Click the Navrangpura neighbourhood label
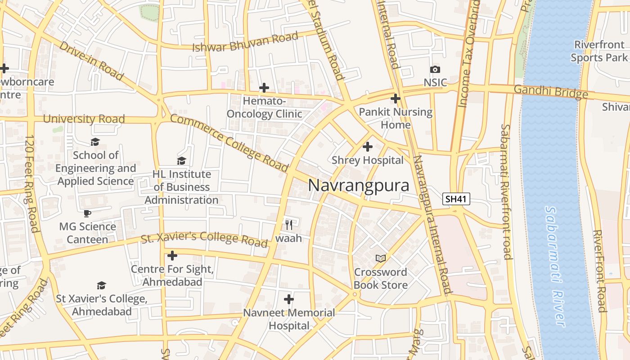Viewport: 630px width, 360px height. (x=359, y=185)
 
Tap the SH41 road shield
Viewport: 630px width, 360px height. (x=456, y=199)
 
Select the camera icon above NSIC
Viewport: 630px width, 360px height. (x=435, y=69)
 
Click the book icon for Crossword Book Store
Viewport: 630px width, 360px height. (x=381, y=258)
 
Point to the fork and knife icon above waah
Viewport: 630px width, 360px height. (x=289, y=224)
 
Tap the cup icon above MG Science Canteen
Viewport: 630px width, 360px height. (x=87, y=213)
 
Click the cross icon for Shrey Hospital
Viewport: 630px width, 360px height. (x=368, y=147)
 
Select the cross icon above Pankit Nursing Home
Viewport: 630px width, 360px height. (x=396, y=98)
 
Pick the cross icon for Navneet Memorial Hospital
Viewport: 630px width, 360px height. (x=289, y=299)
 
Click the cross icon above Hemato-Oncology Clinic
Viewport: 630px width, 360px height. (x=264, y=87)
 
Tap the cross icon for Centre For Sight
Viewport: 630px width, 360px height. (x=172, y=256)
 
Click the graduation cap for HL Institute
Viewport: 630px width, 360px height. (x=181, y=161)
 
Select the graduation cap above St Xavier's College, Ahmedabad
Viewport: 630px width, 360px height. (x=101, y=285)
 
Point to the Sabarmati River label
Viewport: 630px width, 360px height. (x=554, y=265)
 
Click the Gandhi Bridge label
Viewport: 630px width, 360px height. (x=550, y=92)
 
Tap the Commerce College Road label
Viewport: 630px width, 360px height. (x=229, y=143)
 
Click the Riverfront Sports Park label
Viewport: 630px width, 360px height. (x=599, y=51)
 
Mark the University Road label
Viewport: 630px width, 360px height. (x=84, y=119)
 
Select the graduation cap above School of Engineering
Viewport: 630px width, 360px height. (x=95, y=142)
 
